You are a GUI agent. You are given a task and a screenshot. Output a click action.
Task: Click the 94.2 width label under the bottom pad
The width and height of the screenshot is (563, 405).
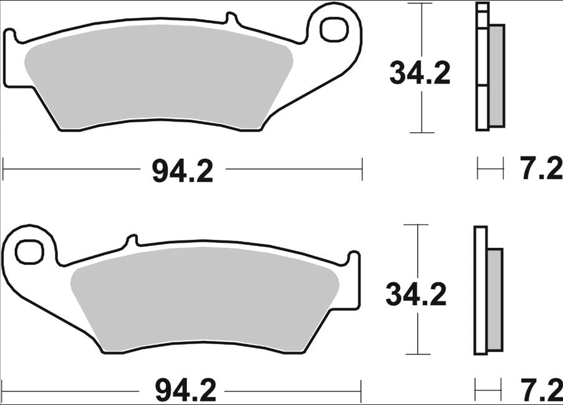click(185, 391)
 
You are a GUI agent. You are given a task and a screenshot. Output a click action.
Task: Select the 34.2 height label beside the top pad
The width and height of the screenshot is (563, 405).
click(420, 74)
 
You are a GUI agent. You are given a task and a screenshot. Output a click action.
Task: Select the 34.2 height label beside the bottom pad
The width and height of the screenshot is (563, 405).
click(416, 294)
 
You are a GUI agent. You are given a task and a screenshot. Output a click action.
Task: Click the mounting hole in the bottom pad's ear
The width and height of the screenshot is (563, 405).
click(27, 251)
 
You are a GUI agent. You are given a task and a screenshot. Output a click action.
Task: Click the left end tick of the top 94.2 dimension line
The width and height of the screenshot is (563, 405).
click(4, 168)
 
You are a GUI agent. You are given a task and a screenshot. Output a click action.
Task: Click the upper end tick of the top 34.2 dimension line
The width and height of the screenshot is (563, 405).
click(422, 4)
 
